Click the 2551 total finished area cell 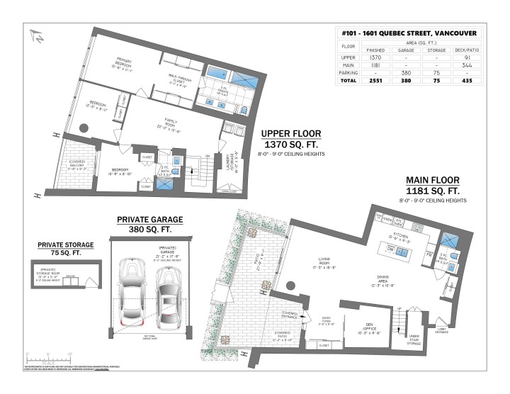(375, 81)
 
